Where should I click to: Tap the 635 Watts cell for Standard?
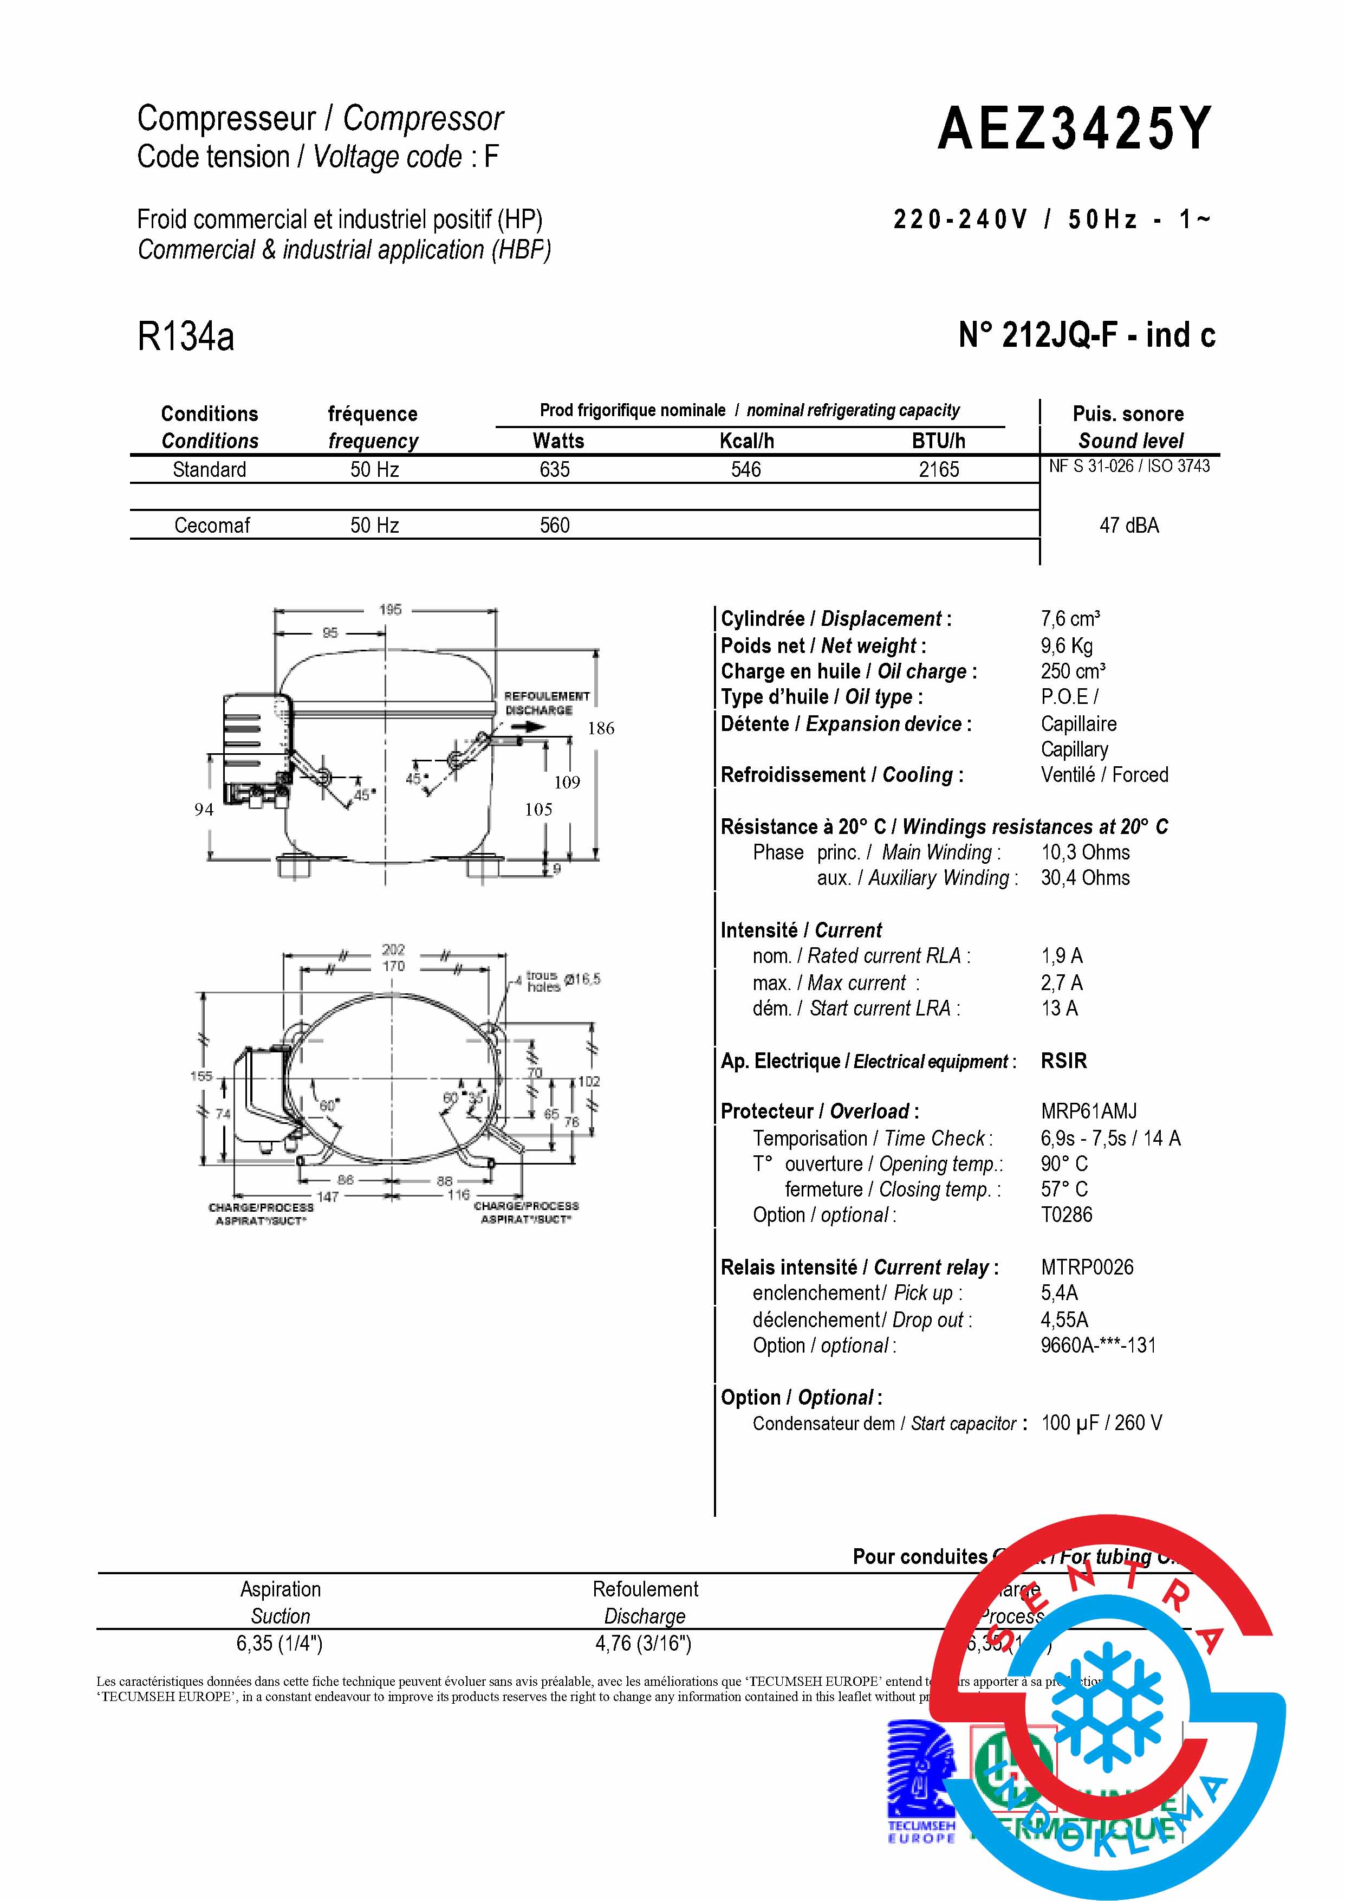tap(554, 470)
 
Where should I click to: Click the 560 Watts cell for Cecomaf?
tap(554, 525)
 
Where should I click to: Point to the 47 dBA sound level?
tap(1129, 525)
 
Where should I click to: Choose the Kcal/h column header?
tap(746, 441)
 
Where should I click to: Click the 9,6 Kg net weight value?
tap(1067, 645)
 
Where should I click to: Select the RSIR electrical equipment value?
tap(1063, 1061)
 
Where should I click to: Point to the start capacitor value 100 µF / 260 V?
tap(1101, 1422)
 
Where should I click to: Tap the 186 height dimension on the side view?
tap(600, 728)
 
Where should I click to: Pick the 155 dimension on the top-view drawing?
tap(202, 1076)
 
